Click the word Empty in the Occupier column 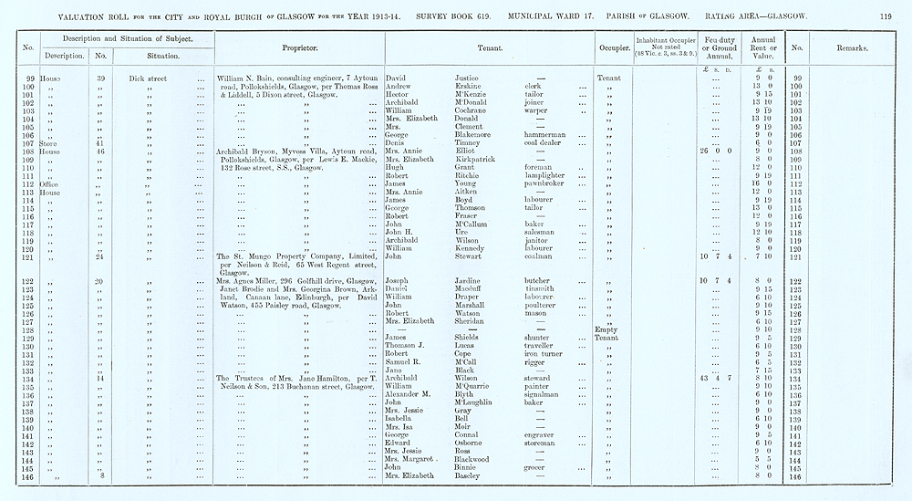pyautogui.click(x=606, y=329)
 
